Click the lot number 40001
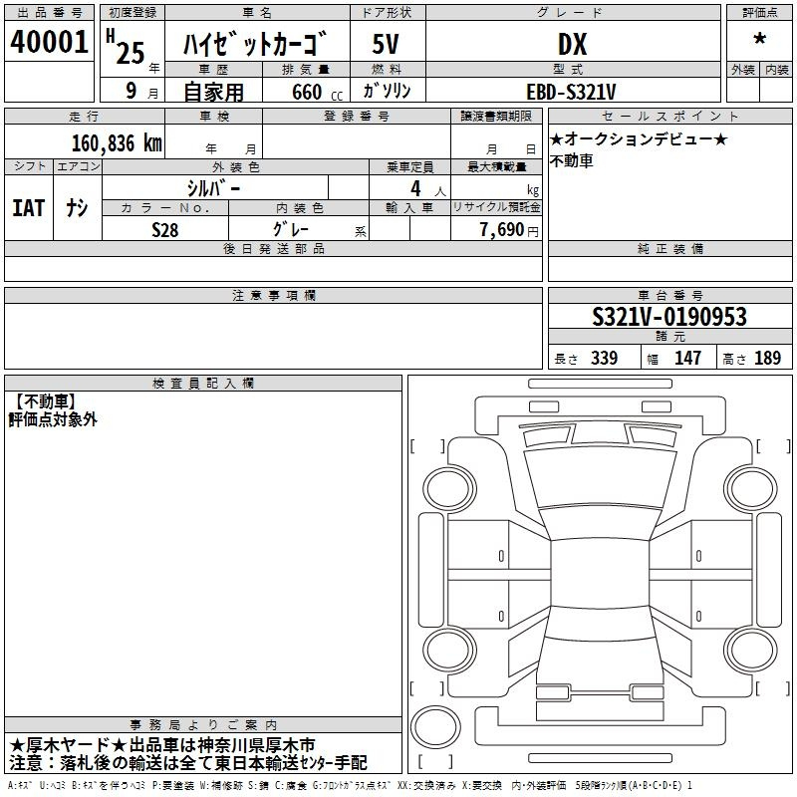click(x=49, y=42)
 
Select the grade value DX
click(x=572, y=44)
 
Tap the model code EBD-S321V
click(x=571, y=92)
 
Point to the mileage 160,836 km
click(x=117, y=143)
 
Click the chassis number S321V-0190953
click(x=669, y=317)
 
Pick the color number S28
click(x=165, y=230)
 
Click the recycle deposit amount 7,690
click(x=502, y=230)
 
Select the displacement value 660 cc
click(x=318, y=93)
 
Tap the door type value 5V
click(x=386, y=44)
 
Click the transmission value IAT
click(x=29, y=208)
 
